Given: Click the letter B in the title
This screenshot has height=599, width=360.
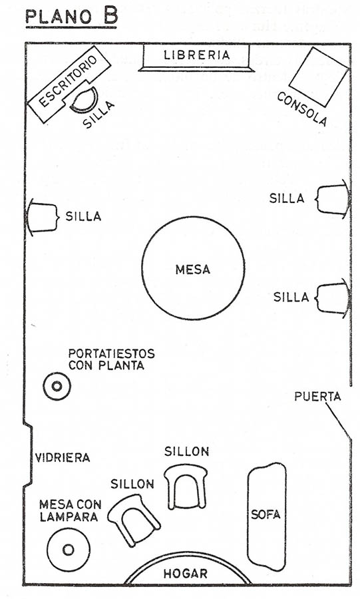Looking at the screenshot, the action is [109, 15].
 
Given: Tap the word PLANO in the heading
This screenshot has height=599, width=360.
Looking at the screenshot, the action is [59, 17].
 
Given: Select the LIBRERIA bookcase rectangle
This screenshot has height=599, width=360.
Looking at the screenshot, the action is [196, 57].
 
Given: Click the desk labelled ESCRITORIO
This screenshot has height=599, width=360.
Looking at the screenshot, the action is [69, 85].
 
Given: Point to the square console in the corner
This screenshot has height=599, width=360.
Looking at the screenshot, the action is [319, 77].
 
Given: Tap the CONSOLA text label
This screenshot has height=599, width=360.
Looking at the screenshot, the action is [302, 109].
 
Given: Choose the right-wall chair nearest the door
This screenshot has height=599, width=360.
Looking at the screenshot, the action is [332, 298].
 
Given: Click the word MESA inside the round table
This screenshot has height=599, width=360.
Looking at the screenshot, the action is [193, 270].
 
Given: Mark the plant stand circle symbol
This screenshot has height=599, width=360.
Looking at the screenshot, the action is [57, 386].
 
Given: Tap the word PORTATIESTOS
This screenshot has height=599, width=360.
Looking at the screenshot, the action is [112, 353].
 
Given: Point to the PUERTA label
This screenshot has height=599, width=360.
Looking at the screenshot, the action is [317, 397].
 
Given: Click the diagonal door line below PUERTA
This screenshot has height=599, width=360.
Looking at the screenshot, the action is [338, 422].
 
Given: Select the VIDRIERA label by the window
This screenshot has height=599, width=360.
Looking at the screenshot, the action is [63, 457].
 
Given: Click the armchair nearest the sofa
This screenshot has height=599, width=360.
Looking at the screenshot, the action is [186, 487].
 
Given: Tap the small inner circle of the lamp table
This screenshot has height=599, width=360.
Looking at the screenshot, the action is [69, 550].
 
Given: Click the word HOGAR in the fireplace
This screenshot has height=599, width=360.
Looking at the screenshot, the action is [186, 574].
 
